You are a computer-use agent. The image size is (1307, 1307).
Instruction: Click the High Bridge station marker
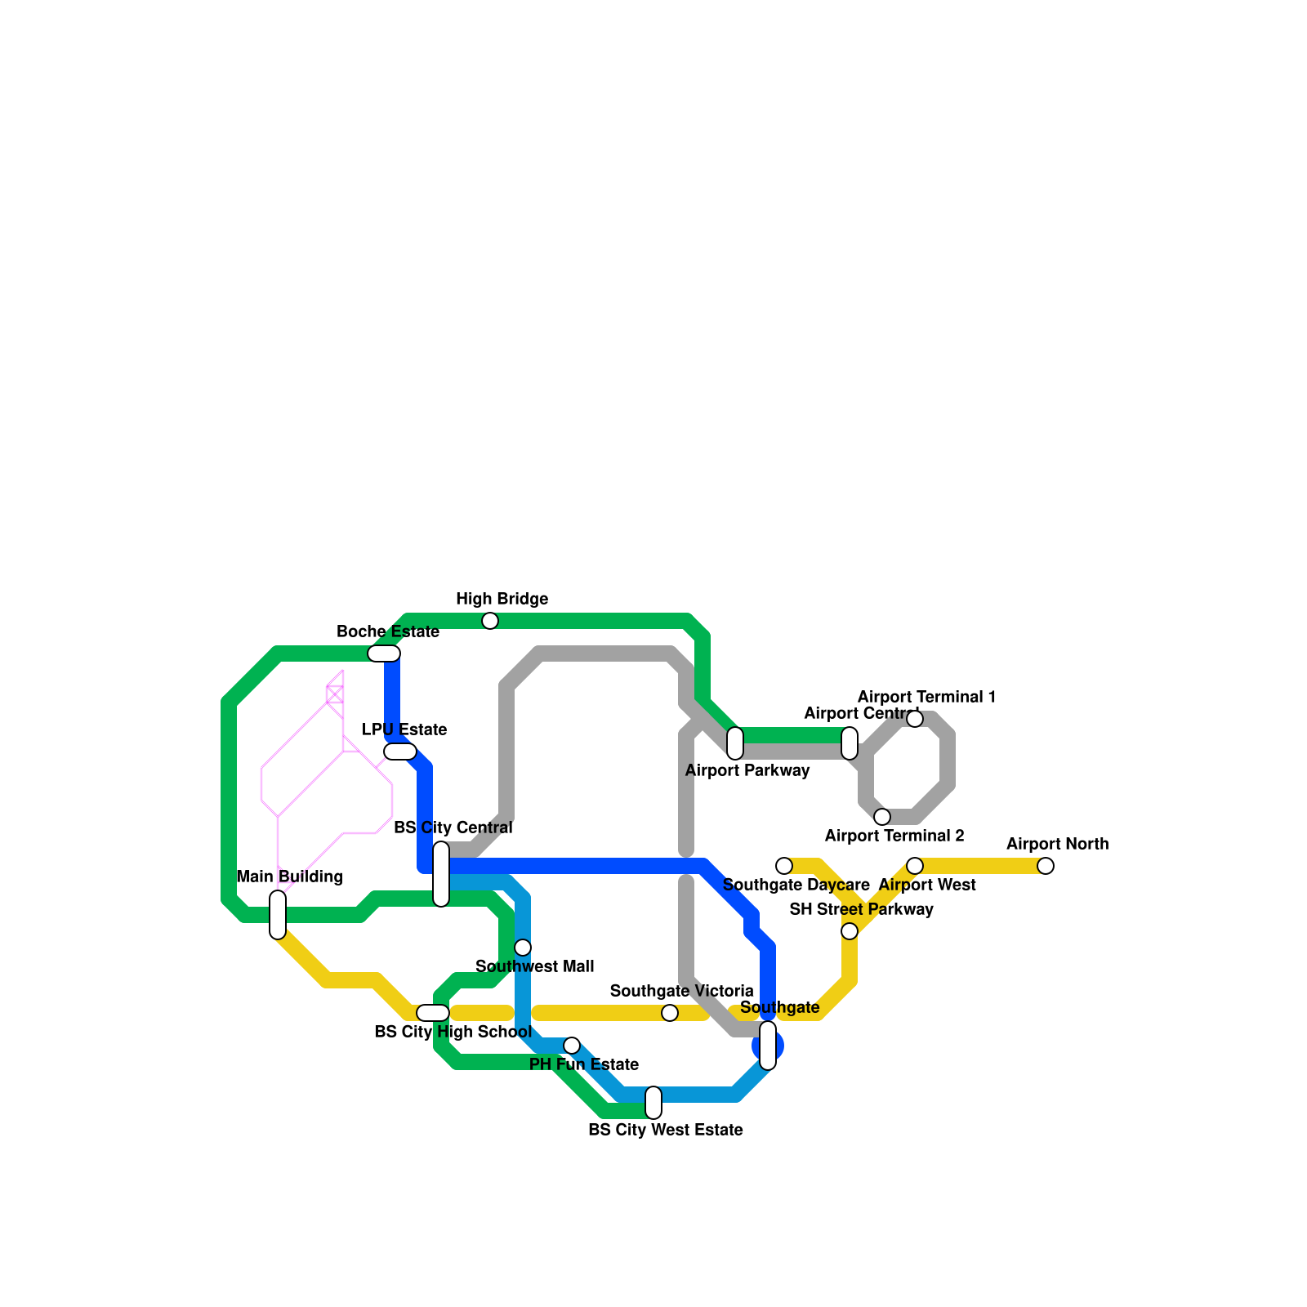coord(490,621)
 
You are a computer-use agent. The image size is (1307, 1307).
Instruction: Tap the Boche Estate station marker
coord(384,653)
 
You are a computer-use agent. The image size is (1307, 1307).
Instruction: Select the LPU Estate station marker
coord(400,752)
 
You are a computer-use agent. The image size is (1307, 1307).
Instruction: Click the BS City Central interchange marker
coord(441,874)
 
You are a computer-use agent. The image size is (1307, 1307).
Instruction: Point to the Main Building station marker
coord(278,915)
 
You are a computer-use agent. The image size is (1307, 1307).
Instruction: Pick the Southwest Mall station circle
coord(523,948)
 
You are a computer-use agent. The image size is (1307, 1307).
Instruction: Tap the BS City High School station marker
coord(433,1013)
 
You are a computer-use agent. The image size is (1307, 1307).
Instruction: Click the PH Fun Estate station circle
coord(572,1046)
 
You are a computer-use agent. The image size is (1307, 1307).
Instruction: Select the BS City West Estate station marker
coord(653,1103)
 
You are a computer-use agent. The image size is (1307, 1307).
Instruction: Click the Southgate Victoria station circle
coord(670,1013)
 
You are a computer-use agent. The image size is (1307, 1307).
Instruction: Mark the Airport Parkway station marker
coord(735,743)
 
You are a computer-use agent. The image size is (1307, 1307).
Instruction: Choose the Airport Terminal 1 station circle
coord(915,719)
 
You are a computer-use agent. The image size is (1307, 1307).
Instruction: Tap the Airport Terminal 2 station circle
coord(882,817)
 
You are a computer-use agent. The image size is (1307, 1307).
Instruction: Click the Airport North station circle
coord(1046,866)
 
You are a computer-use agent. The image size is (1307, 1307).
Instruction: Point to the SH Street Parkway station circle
coord(850,931)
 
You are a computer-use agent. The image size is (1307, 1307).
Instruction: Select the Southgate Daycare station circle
coord(784,866)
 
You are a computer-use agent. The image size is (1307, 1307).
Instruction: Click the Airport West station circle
coord(915,866)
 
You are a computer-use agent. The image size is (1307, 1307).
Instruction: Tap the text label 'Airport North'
coord(1057,844)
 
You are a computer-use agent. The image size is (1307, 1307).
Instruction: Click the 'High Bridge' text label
coord(502,599)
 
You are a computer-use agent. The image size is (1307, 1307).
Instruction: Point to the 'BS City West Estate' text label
coord(666,1130)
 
